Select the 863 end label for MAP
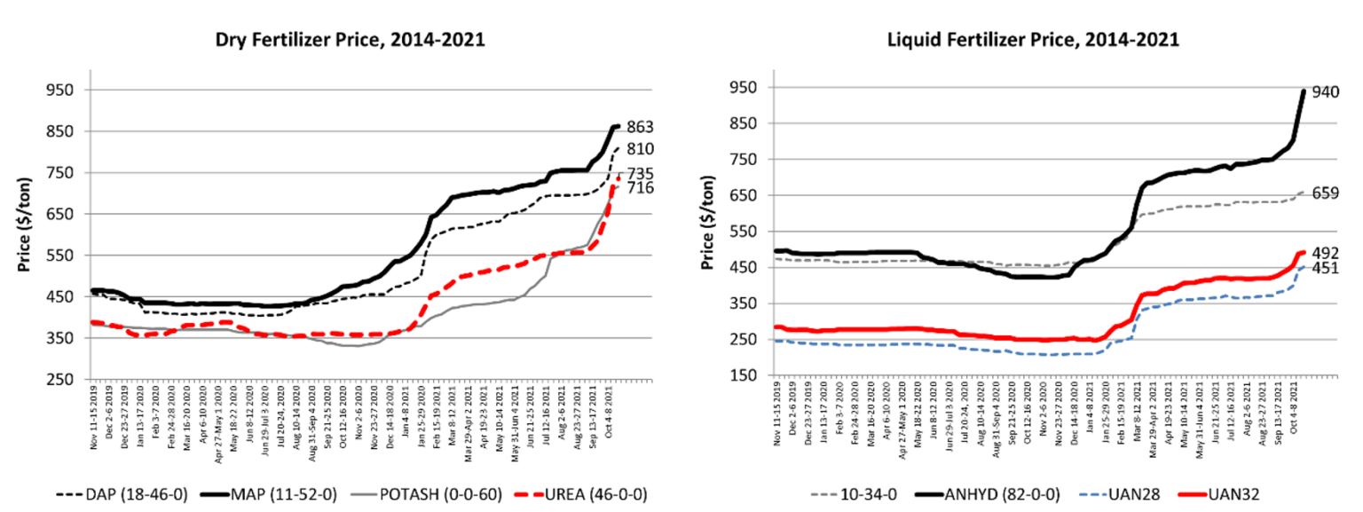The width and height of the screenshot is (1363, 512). coord(641,127)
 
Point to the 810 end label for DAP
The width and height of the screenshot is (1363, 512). coord(641,150)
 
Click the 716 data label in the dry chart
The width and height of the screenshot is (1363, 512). coord(641,188)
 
